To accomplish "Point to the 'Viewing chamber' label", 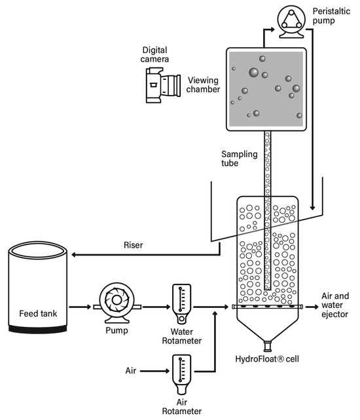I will pos(204,85).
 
